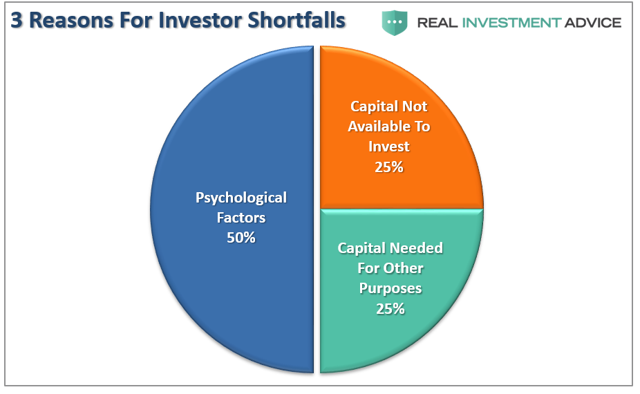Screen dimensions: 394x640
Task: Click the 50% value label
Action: pyautogui.click(x=241, y=237)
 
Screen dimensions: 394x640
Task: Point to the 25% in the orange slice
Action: pyautogui.click(x=388, y=167)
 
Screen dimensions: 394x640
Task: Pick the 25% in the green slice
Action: pyautogui.click(x=390, y=308)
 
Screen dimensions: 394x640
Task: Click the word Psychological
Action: pyautogui.click(x=241, y=198)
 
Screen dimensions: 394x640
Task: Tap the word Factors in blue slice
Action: pyautogui.click(x=241, y=218)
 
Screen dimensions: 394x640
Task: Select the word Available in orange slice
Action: pyautogui.click(x=389, y=126)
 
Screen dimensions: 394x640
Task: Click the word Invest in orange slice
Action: pyautogui.click(x=388, y=147)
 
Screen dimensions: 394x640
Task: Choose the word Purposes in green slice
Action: pyautogui.click(x=390, y=288)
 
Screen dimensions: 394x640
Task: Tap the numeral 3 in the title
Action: pyautogui.click(x=15, y=20)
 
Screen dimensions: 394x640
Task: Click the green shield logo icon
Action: pyautogui.click(x=395, y=22)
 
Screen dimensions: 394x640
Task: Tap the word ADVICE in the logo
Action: pyautogui.click(x=594, y=23)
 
